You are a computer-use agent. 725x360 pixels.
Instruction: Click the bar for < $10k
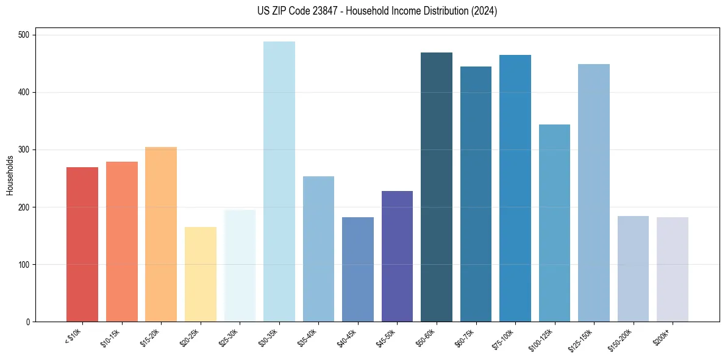(x=82, y=244)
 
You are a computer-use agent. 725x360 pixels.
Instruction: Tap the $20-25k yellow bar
(x=201, y=275)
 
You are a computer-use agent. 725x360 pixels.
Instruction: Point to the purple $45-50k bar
(x=397, y=256)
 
